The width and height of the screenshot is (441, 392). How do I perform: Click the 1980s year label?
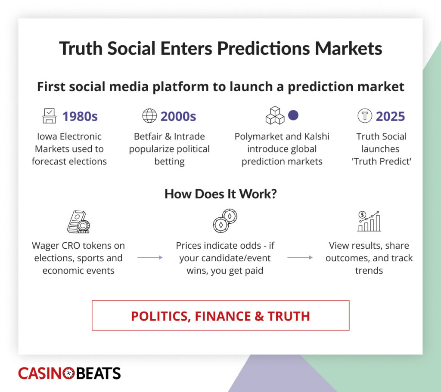tap(80, 116)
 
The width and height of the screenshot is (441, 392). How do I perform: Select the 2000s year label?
tap(178, 116)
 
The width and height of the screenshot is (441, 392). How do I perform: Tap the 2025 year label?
tap(390, 116)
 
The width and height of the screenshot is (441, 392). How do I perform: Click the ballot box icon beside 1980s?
tap(49, 116)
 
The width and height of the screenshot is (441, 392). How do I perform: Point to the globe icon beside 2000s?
tap(149, 116)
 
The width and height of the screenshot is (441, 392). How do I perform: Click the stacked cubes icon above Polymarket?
tap(275, 115)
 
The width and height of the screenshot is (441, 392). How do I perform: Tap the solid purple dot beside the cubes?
tap(293, 115)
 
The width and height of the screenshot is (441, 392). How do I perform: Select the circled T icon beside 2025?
tap(365, 116)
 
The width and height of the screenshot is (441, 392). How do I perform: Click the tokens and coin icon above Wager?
tap(78, 222)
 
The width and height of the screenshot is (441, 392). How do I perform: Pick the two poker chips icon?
tap(225, 221)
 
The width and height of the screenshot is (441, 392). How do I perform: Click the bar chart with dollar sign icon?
tap(369, 221)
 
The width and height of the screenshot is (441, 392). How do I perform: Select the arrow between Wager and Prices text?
tap(150, 257)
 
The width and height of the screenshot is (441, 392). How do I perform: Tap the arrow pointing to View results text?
tap(300, 257)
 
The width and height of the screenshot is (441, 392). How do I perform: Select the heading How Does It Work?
tap(221, 194)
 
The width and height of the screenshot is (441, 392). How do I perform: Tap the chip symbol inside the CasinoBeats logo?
tap(68, 373)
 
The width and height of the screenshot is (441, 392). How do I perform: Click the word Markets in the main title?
tap(348, 48)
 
